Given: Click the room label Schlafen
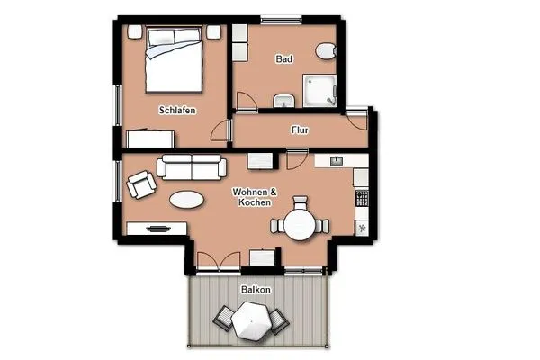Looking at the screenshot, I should (x=177, y=111).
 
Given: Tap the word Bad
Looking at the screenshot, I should (x=284, y=59).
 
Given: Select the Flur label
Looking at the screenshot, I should (x=300, y=130).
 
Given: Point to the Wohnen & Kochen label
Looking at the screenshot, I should (x=255, y=198).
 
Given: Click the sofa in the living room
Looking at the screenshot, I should (x=191, y=166).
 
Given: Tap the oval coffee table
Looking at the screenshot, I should (x=188, y=200).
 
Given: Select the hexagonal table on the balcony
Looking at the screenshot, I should (x=250, y=319).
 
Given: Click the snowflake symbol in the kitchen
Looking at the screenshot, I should (x=363, y=229).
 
